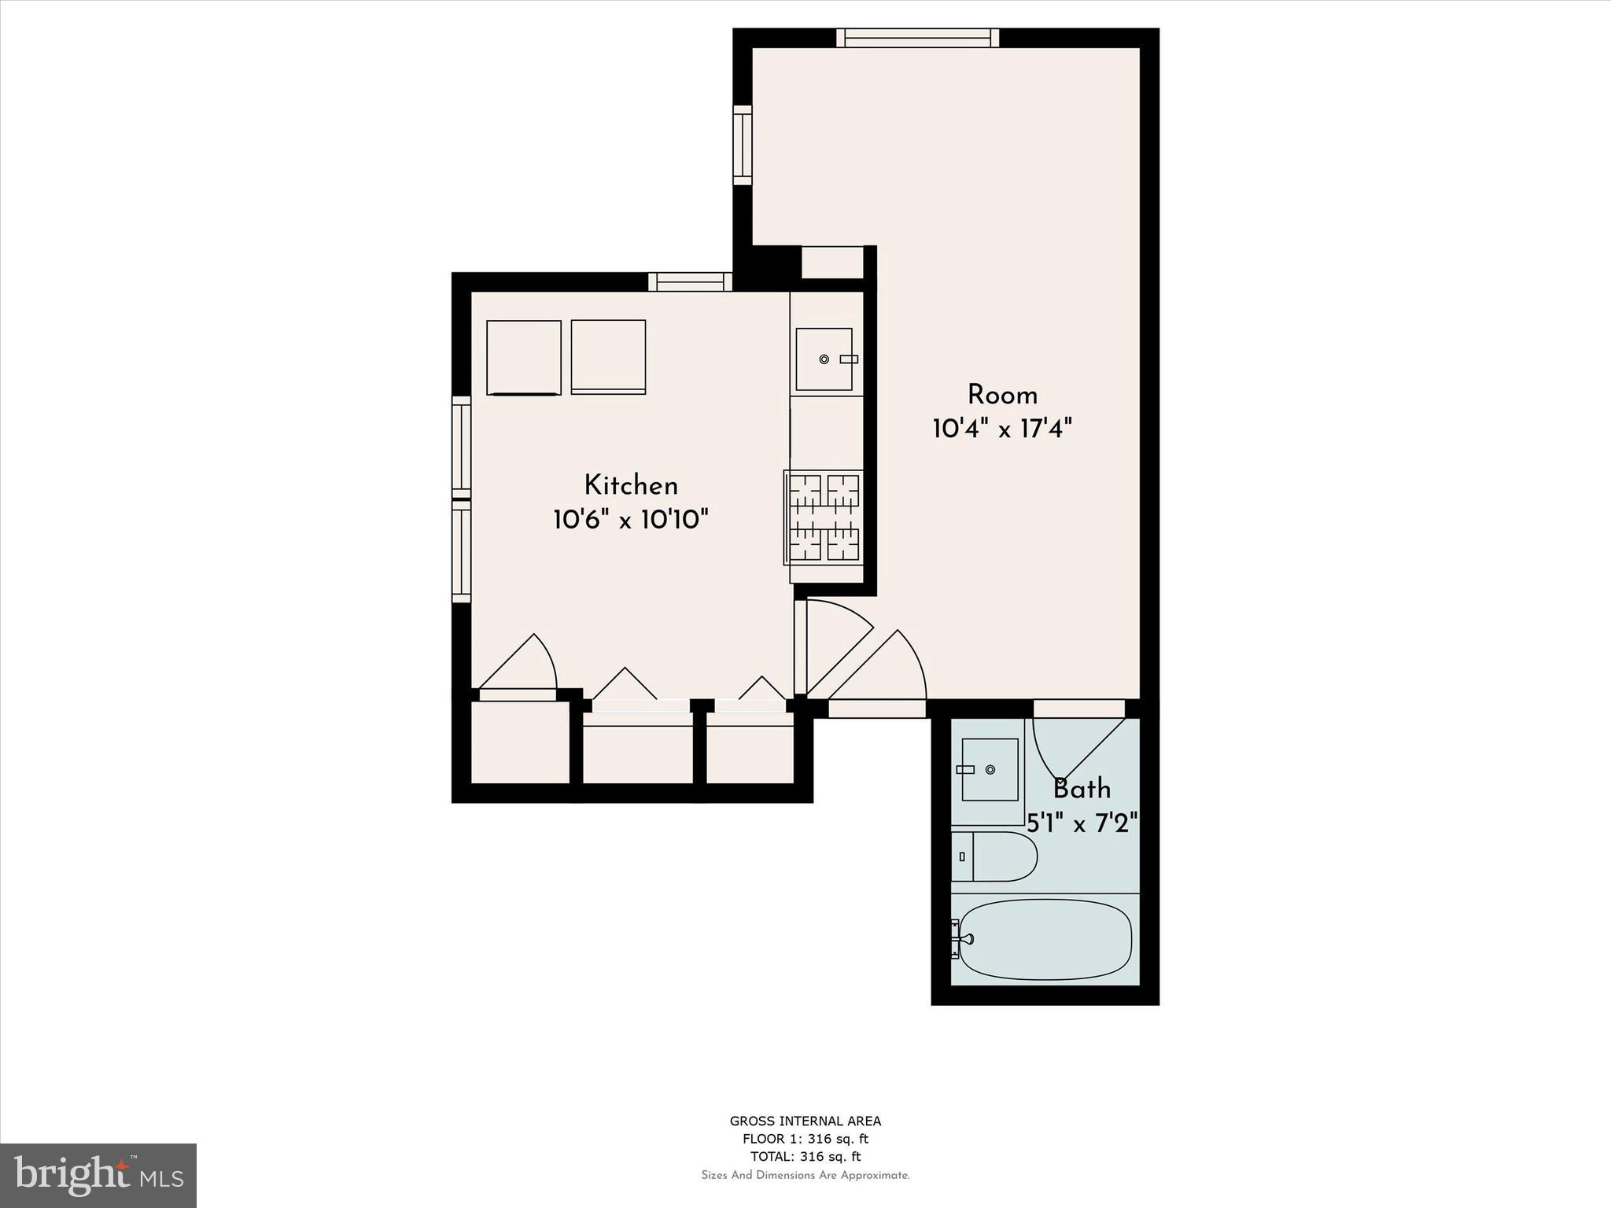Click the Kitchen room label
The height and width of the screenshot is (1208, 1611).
point(631,485)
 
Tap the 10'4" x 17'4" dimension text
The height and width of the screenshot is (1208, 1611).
point(1002,429)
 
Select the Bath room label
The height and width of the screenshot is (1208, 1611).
point(1082,789)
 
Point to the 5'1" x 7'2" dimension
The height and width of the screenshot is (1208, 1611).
point(1082,823)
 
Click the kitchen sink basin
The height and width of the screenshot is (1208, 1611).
point(823,359)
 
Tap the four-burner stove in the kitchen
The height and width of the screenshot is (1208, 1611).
point(824,517)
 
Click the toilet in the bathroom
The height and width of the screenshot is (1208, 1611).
point(996,856)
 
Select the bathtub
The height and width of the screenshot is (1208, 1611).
point(1045,939)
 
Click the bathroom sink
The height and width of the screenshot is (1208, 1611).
point(990,769)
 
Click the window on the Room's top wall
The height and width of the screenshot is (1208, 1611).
point(917,38)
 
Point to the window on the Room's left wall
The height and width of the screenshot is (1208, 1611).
point(743,145)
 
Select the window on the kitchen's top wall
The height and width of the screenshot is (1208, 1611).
point(690,282)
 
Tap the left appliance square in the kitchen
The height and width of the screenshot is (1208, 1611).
point(523,357)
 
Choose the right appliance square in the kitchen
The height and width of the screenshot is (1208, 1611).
point(608,357)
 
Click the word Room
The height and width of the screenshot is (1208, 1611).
point(1002,395)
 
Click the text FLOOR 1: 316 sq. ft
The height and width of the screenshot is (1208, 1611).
point(805,1139)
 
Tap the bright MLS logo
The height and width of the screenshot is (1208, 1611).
point(98,1175)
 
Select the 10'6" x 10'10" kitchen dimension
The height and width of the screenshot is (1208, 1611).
point(631,520)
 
